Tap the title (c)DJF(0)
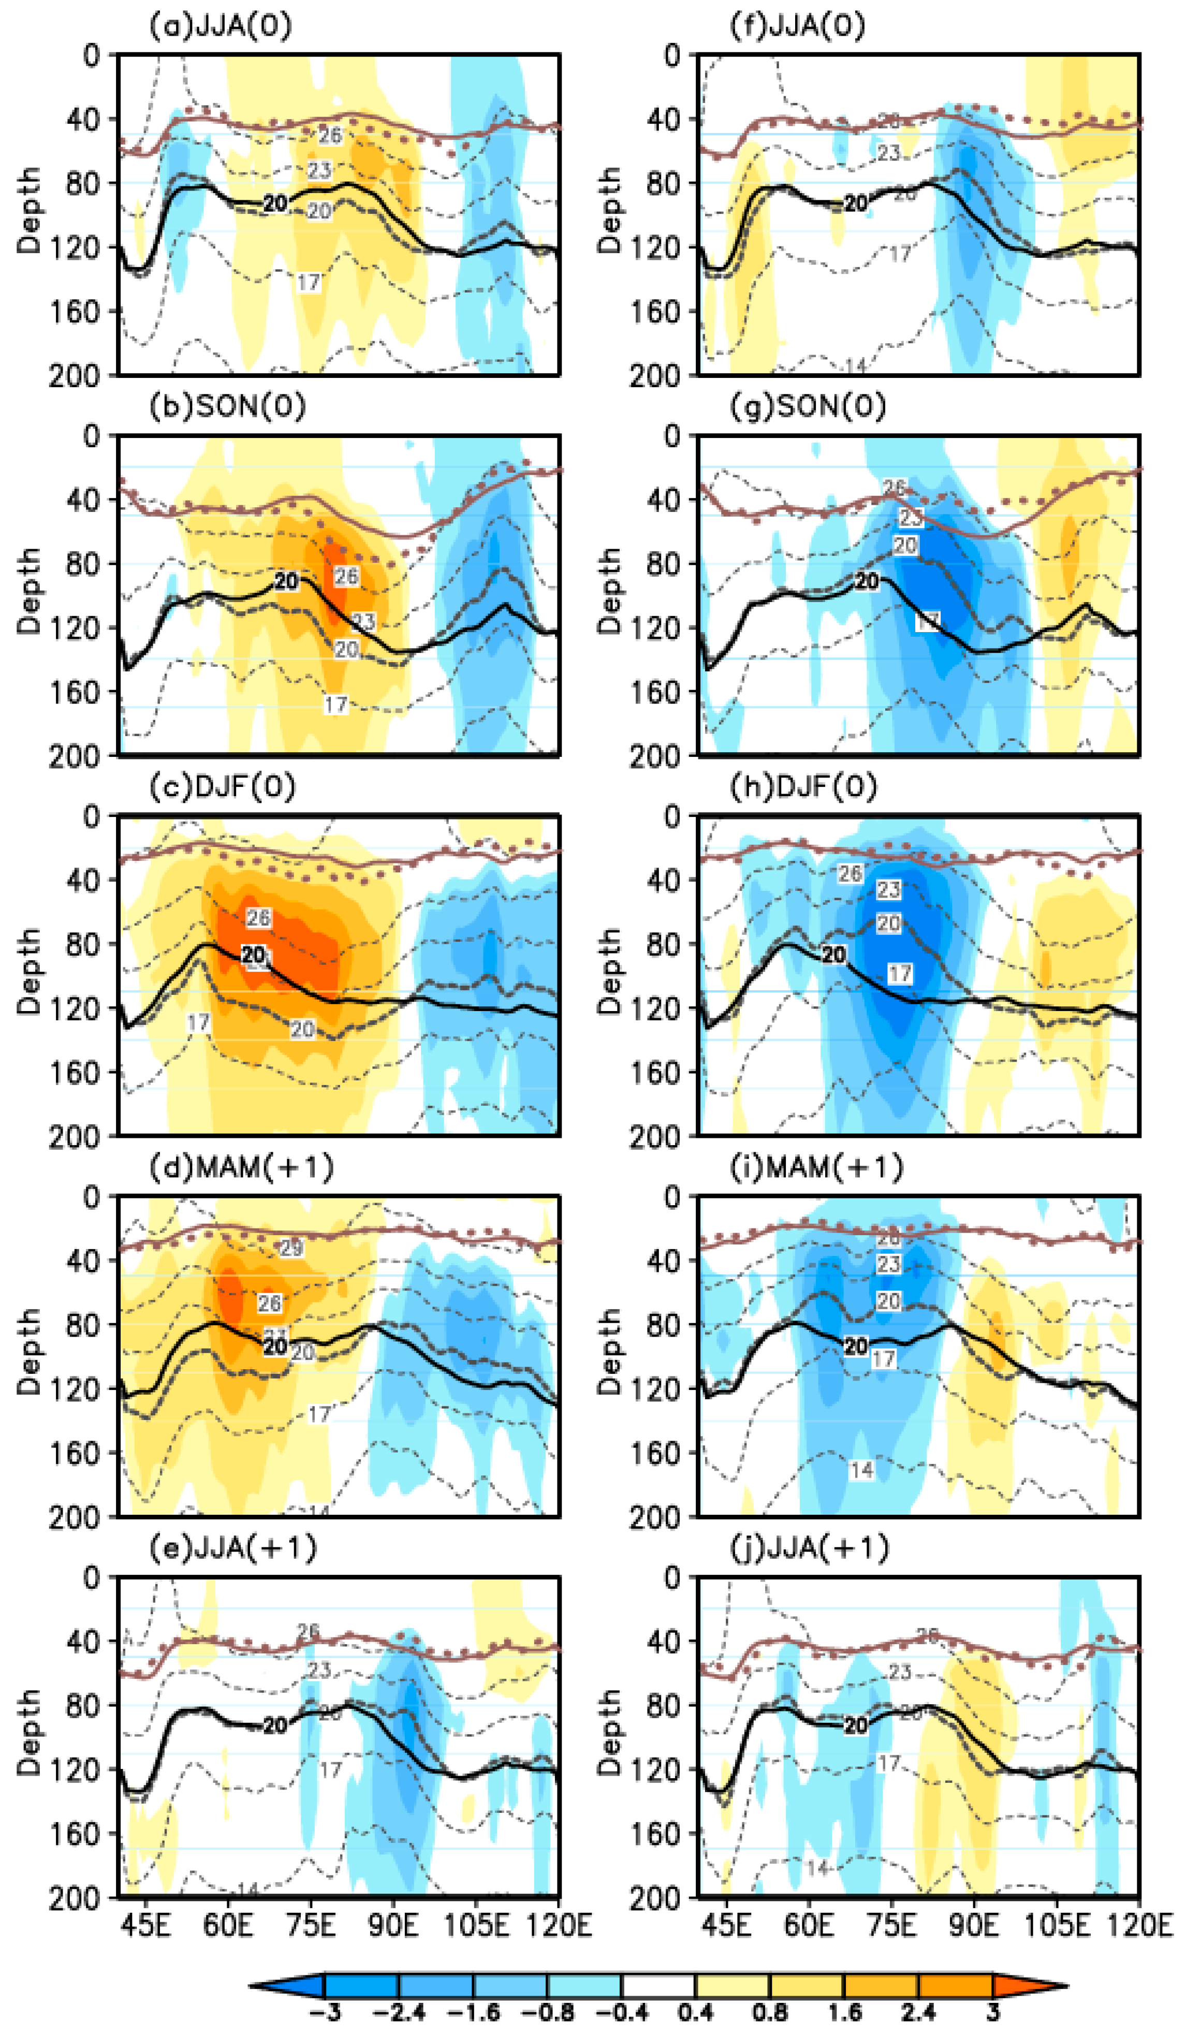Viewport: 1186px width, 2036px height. click(222, 787)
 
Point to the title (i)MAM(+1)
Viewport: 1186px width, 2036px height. click(816, 1167)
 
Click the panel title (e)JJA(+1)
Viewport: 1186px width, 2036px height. click(232, 1548)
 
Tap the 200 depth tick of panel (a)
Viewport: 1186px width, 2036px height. click(75, 376)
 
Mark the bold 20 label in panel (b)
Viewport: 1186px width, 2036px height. click(286, 581)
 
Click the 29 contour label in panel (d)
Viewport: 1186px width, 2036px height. click(291, 1248)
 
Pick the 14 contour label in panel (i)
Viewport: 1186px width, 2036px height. click(862, 1470)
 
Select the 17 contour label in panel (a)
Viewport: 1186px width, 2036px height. click(309, 282)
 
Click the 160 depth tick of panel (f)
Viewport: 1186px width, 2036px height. click(655, 312)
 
